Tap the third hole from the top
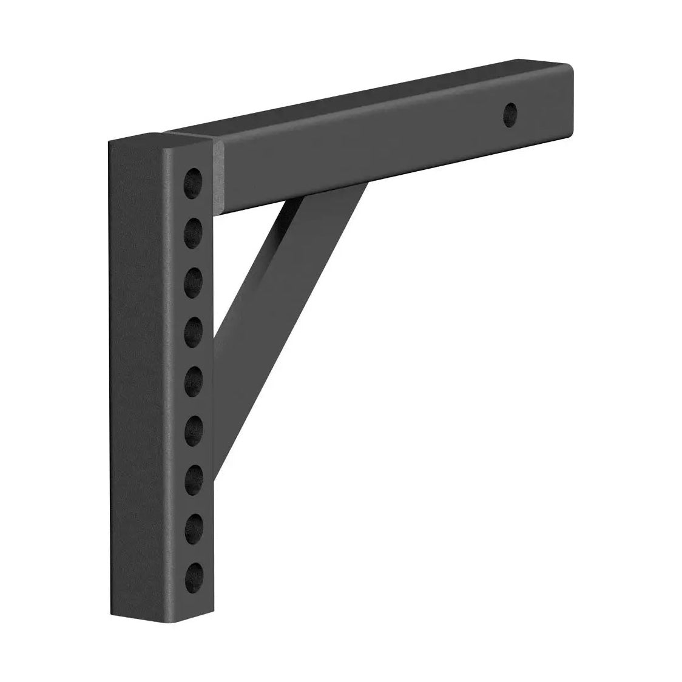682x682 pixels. coord(194,280)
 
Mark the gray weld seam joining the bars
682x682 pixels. coord(217,176)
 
